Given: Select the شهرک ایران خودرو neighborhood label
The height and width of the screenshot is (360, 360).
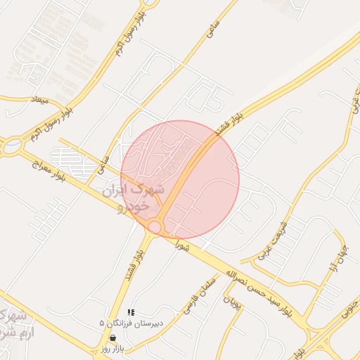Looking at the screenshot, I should coord(134,198).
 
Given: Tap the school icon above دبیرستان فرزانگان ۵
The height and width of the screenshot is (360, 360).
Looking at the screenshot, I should coord(131,312).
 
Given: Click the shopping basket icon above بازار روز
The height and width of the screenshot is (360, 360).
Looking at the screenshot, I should coord(112,338).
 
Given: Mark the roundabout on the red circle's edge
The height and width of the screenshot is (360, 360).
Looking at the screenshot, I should coord(155,226).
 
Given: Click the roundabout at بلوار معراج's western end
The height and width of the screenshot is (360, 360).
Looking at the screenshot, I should coord(11,147).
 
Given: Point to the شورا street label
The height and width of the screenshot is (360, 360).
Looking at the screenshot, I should coord(184,246).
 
